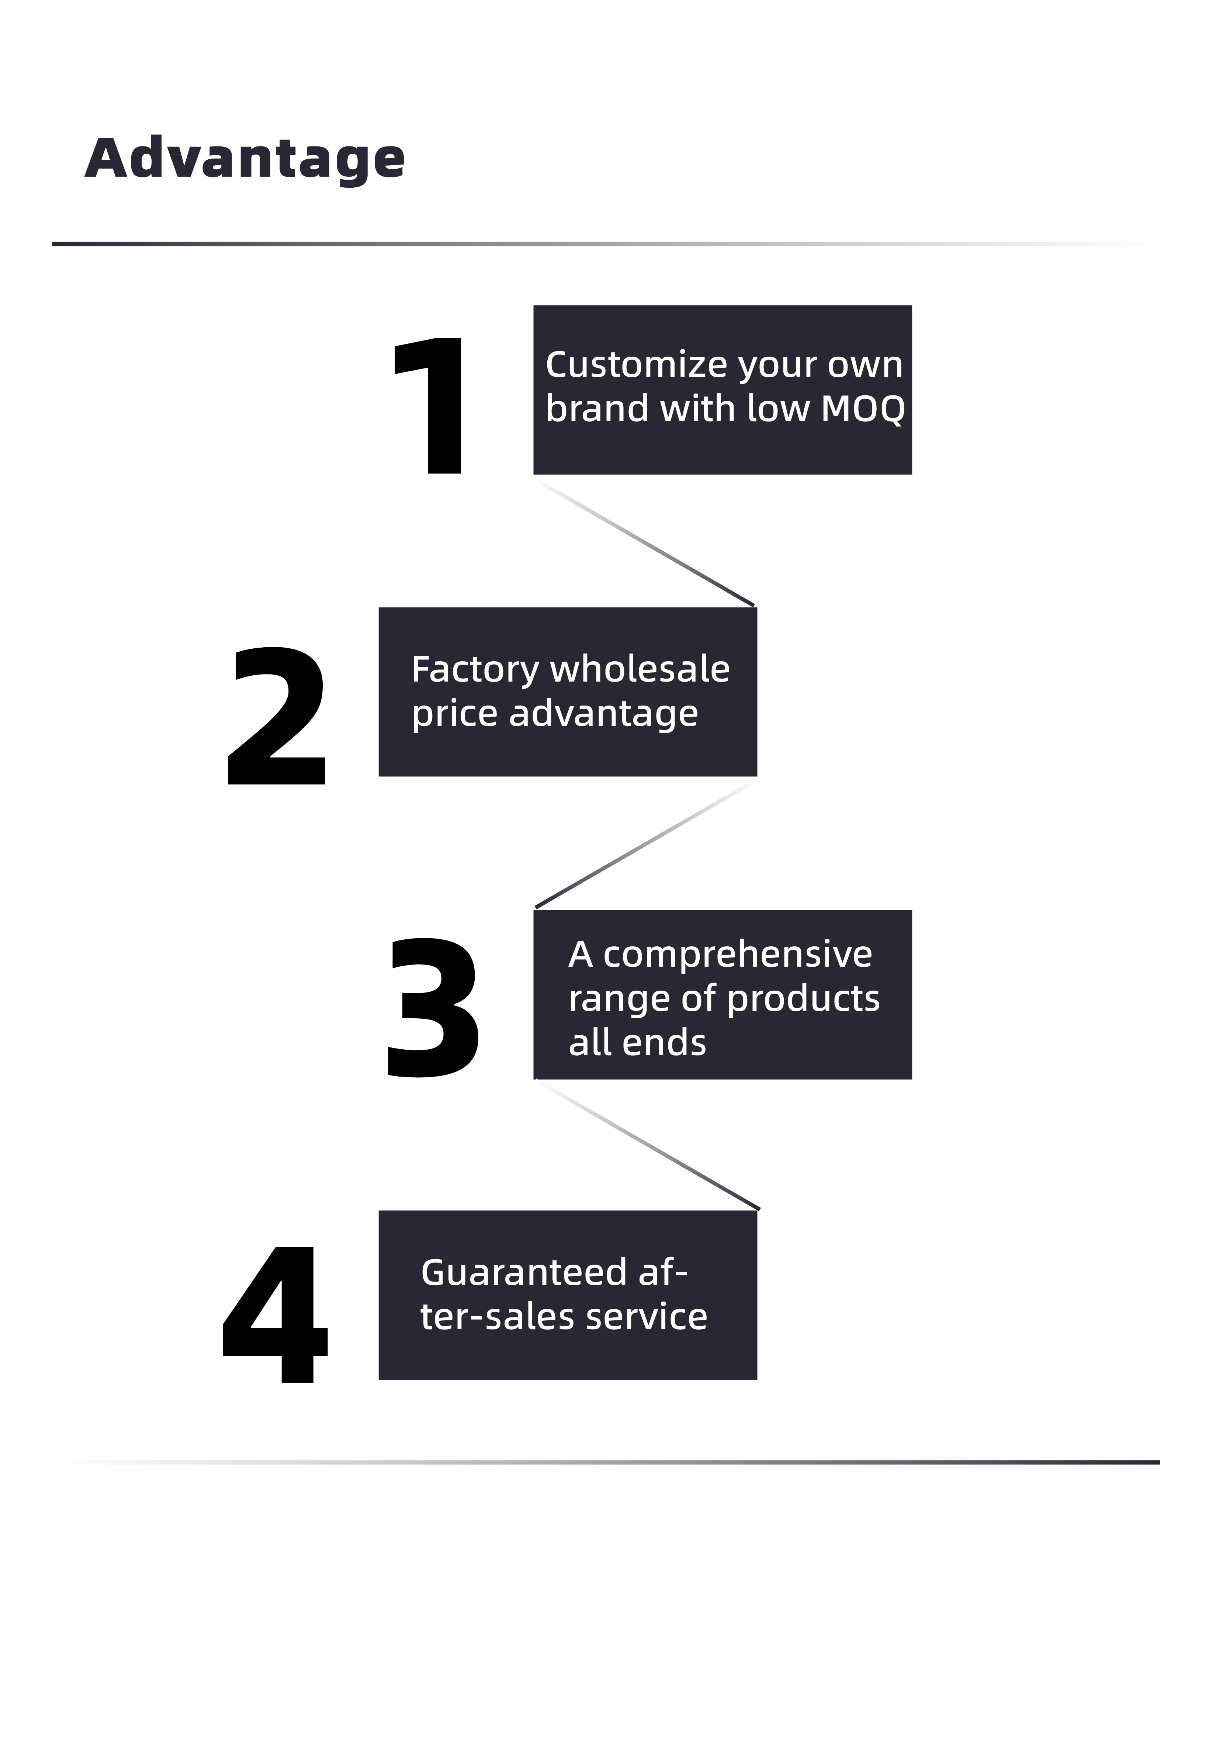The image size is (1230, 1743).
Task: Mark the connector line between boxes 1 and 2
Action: point(645,541)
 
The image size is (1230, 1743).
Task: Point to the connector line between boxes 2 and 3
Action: point(645,843)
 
